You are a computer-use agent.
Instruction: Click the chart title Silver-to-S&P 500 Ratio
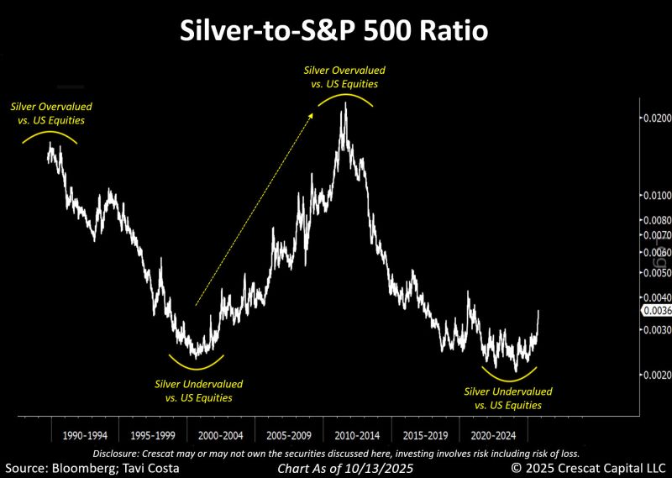point(334,32)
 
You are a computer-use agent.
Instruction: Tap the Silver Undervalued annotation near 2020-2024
point(508,398)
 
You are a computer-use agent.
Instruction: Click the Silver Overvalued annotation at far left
point(51,113)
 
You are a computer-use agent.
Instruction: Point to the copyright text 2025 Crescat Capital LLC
point(595,467)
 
